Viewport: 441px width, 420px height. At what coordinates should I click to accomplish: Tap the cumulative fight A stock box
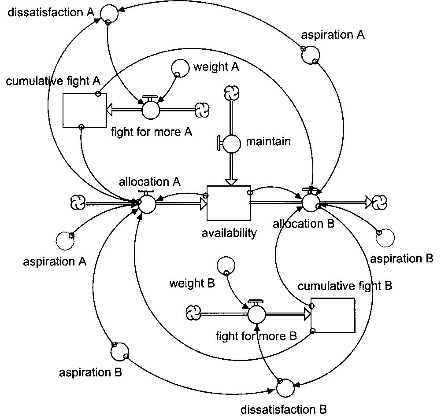click(x=84, y=110)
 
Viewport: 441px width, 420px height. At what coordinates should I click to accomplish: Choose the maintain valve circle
click(x=232, y=143)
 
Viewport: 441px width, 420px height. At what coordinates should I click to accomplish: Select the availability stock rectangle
click(x=229, y=203)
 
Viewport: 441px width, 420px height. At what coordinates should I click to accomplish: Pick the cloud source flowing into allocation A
click(x=78, y=203)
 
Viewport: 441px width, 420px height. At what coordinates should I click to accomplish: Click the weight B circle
click(x=226, y=265)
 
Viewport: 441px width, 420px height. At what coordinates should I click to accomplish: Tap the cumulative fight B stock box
click(x=333, y=315)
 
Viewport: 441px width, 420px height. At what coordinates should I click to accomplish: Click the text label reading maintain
click(x=268, y=142)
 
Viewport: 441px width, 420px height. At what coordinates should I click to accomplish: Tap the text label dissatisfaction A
click(x=51, y=12)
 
